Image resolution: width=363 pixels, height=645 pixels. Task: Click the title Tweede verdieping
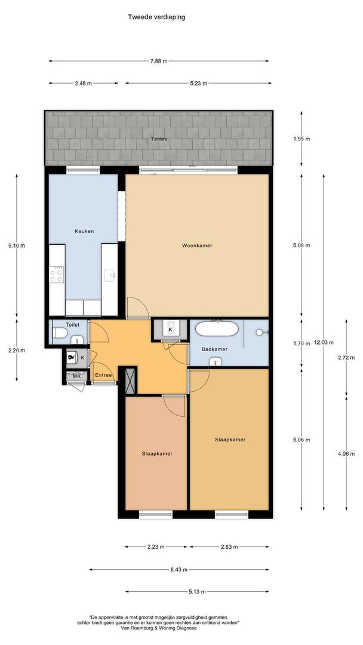(156, 17)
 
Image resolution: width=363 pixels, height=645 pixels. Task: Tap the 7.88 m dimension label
(159, 61)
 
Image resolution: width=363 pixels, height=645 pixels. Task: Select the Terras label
(159, 139)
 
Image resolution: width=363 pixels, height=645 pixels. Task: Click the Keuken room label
(84, 231)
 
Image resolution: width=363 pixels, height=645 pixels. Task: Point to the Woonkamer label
(198, 245)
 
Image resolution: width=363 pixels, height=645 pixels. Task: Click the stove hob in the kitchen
(57, 275)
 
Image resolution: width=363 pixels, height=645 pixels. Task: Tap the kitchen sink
(110, 275)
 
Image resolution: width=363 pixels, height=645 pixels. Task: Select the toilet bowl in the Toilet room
(60, 333)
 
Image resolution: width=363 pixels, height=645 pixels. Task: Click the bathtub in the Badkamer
(217, 329)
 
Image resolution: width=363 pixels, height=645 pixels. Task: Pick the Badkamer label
(214, 349)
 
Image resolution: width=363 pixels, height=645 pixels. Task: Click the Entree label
(104, 375)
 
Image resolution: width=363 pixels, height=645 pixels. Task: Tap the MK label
(77, 376)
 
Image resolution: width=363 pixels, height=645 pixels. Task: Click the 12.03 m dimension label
(324, 342)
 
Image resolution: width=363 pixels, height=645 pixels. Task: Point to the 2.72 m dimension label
(346, 358)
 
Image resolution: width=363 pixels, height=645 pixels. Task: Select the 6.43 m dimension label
(179, 570)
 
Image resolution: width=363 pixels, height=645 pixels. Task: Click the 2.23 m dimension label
(156, 547)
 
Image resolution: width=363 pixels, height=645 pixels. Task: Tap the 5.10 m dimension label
(17, 245)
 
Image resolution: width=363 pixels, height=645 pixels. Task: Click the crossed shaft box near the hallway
(131, 381)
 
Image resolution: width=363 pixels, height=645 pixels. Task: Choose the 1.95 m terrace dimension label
(302, 139)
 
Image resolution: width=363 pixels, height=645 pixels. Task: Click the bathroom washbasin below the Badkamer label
(216, 361)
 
